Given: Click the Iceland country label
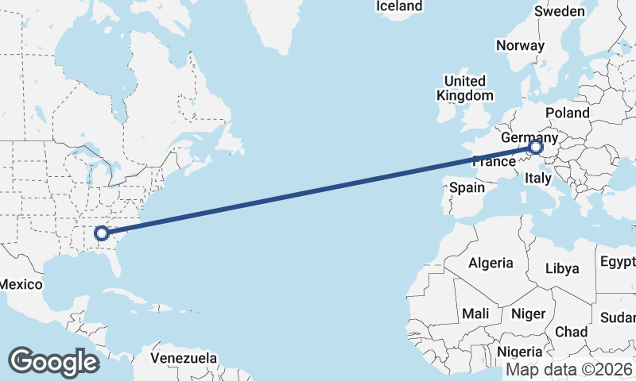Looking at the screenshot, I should pyautogui.click(x=399, y=6).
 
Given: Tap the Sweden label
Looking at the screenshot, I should pyautogui.click(x=559, y=11).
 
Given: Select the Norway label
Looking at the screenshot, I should pyautogui.click(x=520, y=45).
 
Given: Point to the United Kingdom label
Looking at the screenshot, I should pyautogui.click(x=465, y=88).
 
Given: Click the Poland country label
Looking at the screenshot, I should pyautogui.click(x=567, y=114).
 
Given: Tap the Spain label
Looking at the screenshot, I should pyautogui.click(x=467, y=188).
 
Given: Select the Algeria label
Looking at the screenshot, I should pyautogui.click(x=491, y=264).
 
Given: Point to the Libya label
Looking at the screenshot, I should pyautogui.click(x=563, y=268).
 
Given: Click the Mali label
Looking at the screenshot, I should pyautogui.click(x=475, y=314).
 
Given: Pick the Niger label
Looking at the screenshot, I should pyautogui.click(x=528, y=314).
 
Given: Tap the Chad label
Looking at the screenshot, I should pyautogui.click(x=572, y=332).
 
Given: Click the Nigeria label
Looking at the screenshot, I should pyautogui.click(x=519, y=352).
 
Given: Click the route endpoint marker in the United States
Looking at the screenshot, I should pyautogui.click(x=101, y=233).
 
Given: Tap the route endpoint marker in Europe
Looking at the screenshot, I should pyautogui.click(x=536, y=147).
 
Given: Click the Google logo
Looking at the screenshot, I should pyautogui.click(x=53, y=361).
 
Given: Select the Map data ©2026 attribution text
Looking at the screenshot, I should pyautogui.click(x=569, y=370).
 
